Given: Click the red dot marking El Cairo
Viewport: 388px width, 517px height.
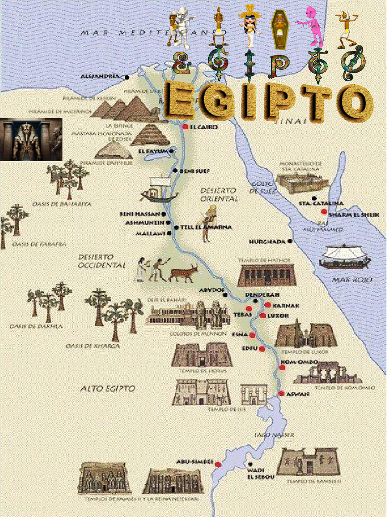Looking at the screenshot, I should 185,127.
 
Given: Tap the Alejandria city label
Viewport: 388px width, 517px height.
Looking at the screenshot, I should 101,77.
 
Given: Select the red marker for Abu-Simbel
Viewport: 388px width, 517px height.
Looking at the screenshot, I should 218,463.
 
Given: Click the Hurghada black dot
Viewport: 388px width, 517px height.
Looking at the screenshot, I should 290,241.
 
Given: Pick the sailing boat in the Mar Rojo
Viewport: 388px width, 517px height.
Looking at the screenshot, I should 345,256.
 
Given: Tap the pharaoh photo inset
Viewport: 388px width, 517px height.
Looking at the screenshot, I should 31,139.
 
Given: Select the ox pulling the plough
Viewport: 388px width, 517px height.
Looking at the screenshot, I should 183,273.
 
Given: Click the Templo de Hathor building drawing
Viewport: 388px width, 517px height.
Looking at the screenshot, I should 266,275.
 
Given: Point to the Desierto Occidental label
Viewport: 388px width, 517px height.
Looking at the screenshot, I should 102,261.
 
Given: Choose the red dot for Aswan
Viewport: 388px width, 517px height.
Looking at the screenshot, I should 281,393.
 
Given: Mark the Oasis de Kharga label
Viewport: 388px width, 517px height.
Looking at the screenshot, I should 92,346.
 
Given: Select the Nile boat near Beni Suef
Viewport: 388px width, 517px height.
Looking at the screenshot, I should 159,189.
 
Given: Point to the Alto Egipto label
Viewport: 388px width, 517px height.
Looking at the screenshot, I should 108,388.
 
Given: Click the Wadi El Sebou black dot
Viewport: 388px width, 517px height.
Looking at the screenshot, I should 250,464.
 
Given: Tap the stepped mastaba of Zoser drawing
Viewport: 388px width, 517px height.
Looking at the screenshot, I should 150,135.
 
